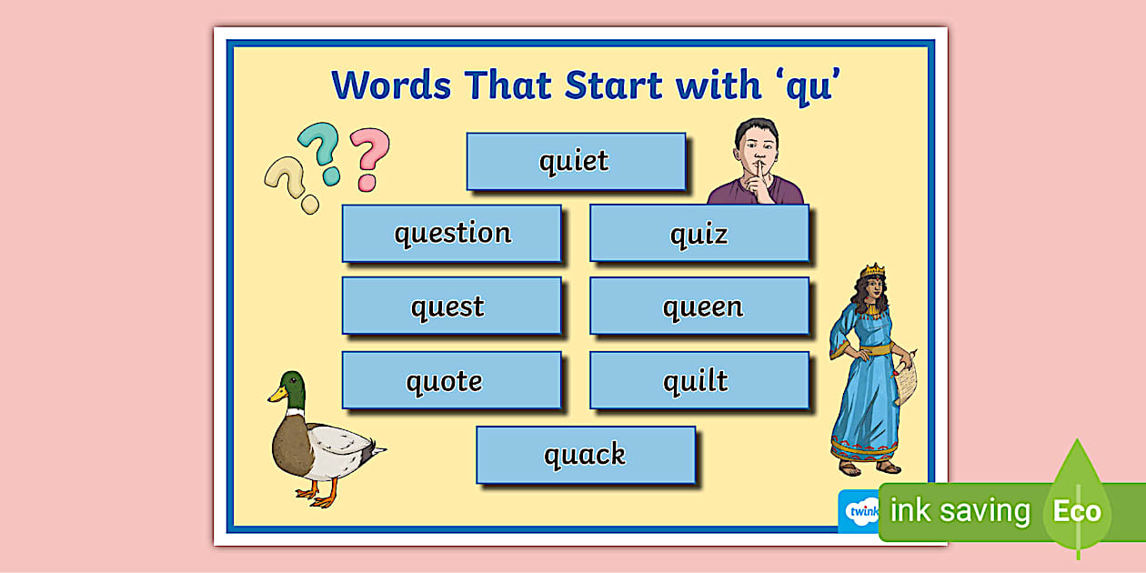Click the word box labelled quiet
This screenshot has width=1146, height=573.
[x=575, y=162]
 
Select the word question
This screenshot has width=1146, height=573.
[x=452, y=234]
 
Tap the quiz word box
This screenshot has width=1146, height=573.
[x=699, y=234]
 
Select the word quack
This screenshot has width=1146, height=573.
[x=585, y=454]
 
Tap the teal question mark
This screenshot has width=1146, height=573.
[x=321, y=152]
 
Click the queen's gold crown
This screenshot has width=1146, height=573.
[x=873, y=272]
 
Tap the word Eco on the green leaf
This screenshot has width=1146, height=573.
[x=1077, y=511]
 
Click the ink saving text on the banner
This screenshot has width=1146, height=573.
[x=960, y=511]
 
